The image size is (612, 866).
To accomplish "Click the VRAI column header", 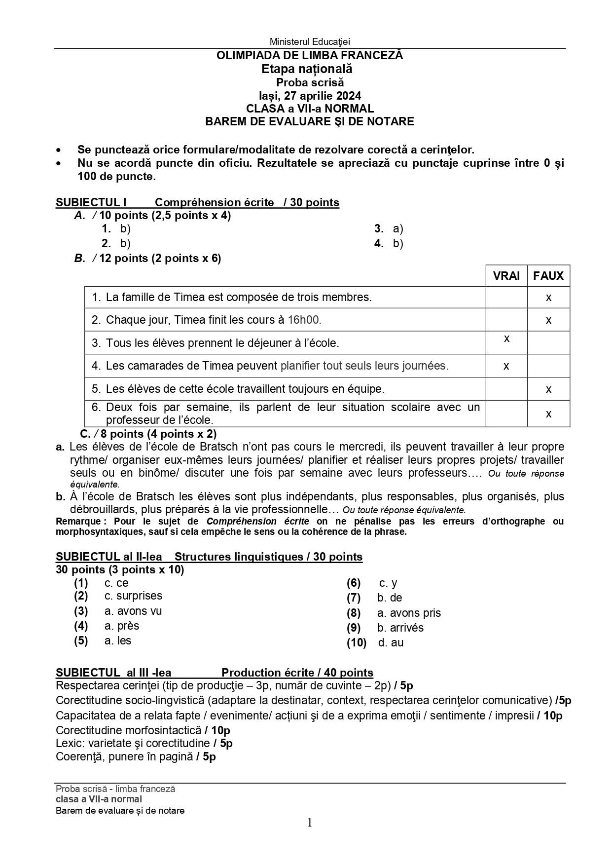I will pos(506,276).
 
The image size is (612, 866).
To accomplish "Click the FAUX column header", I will pos(548,276).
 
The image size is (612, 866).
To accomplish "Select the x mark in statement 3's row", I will pos(506,339).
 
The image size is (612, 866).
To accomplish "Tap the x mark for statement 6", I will pos(548,414).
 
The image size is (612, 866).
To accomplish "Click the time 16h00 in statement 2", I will pos(304,320).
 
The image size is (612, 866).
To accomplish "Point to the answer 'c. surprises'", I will pos(133,596).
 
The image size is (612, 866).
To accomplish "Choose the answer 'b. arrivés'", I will pos(400,628).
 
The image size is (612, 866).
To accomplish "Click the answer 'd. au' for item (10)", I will pos(391,642).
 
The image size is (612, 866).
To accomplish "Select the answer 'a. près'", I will pos(122,626).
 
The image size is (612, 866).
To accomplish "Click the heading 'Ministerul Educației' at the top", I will pos(310,42).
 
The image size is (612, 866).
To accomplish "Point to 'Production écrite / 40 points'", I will pos(297,673).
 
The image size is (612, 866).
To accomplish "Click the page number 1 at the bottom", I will pos(310,822).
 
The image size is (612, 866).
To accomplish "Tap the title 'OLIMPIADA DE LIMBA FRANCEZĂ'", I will pos(310,55).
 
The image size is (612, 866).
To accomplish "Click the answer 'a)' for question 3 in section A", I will pos(397,228).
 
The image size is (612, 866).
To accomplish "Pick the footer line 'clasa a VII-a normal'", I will pos(99,799).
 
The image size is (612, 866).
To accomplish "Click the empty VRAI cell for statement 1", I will pos(506,298).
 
